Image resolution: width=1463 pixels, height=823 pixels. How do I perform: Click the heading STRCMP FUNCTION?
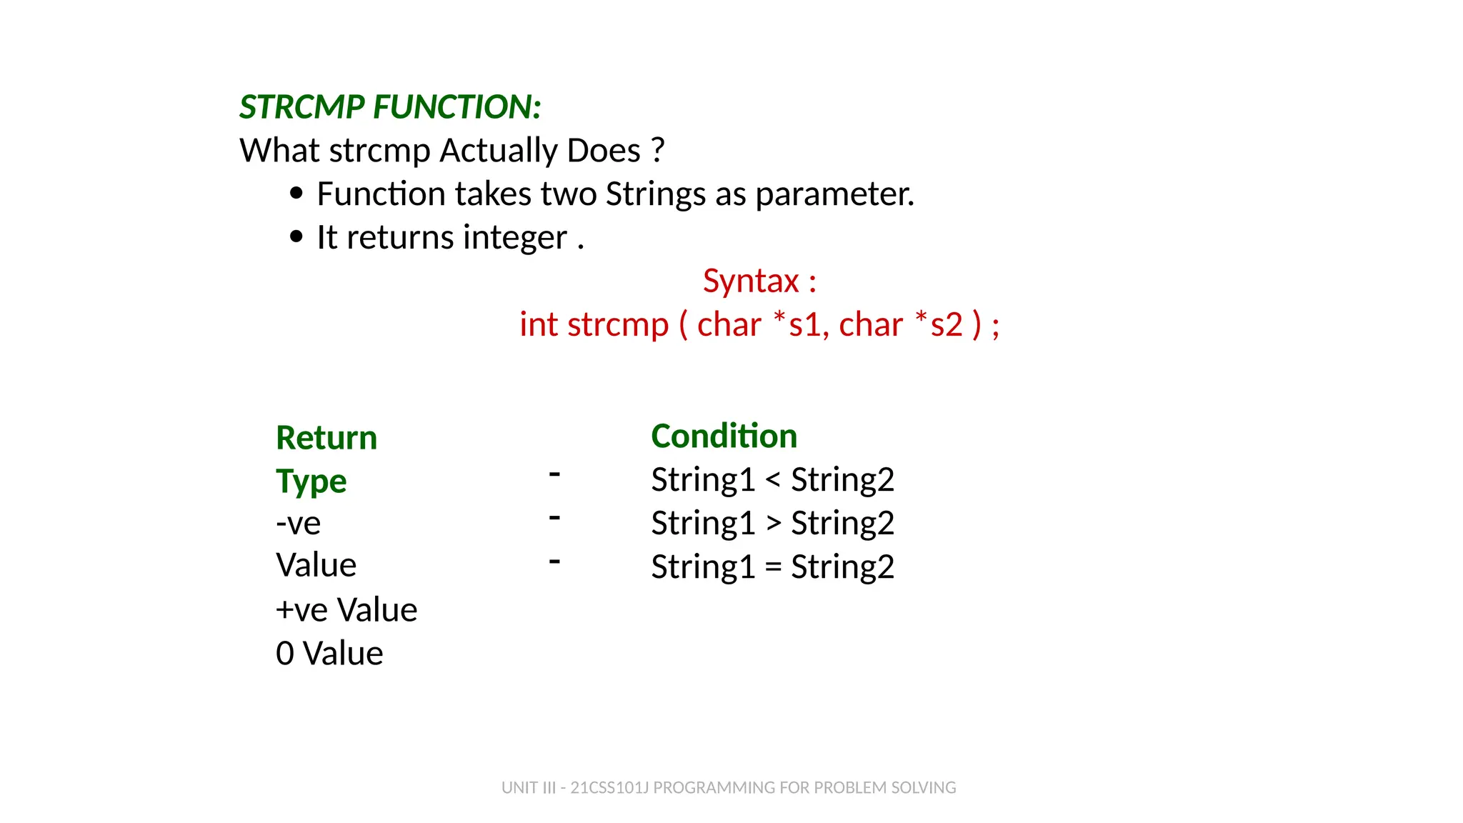[390, 107]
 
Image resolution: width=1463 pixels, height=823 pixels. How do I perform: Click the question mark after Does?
[658, 150]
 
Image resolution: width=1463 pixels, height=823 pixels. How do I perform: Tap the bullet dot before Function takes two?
[296, 194]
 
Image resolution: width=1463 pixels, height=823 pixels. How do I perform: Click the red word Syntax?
[750, 281]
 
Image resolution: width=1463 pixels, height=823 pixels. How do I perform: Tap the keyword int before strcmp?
[538, 324]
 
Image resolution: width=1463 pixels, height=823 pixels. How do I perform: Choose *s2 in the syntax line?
[939, 324]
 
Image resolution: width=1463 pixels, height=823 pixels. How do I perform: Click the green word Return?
[326, 437]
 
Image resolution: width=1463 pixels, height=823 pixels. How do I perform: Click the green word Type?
[311, 482]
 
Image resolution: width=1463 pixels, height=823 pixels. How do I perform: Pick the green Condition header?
[724, 436]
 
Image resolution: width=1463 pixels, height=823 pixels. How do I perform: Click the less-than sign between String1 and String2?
[773, 479]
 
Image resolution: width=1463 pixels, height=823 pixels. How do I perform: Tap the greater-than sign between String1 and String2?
[773, 523]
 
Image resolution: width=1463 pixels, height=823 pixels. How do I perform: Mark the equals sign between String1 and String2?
[773, 567]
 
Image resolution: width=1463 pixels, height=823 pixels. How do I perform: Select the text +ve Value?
[346, 610]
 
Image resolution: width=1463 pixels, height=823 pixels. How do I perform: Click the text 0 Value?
[329, 654]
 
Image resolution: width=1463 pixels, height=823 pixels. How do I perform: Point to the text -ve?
[298, 524]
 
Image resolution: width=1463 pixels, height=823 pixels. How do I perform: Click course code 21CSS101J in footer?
[609, 787]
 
